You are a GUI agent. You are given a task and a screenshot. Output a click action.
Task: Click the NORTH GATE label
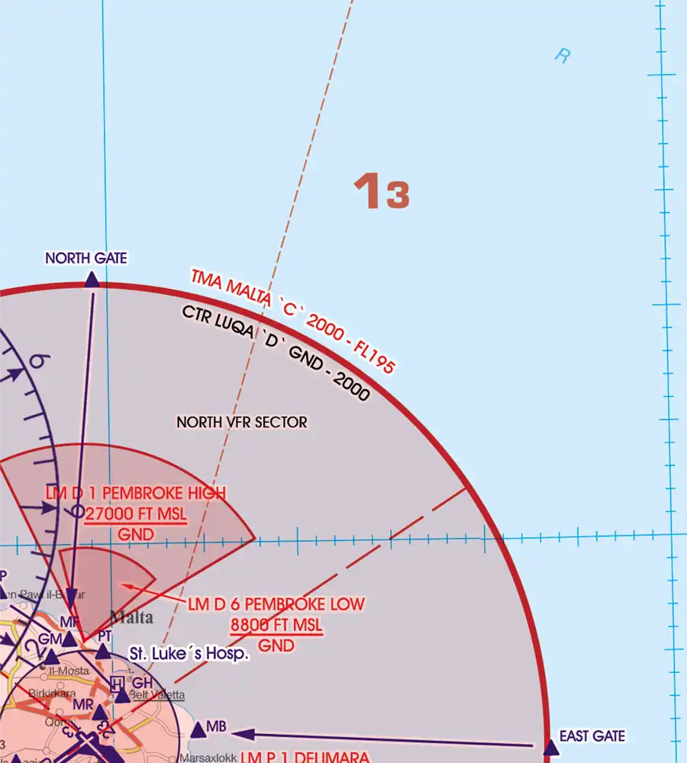86,259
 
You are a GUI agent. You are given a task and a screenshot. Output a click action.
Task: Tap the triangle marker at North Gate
92,280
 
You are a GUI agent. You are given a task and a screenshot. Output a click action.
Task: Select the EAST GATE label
592,736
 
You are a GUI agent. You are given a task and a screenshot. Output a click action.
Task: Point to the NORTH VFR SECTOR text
242,422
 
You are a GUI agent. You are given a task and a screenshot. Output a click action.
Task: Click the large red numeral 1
367,192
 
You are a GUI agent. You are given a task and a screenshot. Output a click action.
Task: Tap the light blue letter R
563,55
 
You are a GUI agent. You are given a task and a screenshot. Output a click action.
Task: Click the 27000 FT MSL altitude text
136,514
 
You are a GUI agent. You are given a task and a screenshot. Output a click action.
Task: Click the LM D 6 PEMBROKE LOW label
276,604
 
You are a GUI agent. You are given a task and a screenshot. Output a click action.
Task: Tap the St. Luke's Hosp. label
189,654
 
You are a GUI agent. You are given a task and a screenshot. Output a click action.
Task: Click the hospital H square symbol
117,682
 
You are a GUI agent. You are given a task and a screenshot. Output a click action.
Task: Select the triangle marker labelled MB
198,730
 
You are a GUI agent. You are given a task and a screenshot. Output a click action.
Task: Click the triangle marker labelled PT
103,651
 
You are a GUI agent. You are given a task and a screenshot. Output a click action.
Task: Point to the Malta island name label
131,617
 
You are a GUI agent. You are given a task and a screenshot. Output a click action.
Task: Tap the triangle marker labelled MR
100,711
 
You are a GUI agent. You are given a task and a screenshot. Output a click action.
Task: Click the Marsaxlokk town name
208,758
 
